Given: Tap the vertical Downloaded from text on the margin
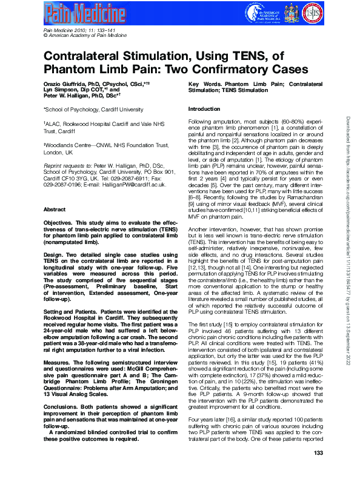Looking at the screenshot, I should (x=351, y=182).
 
